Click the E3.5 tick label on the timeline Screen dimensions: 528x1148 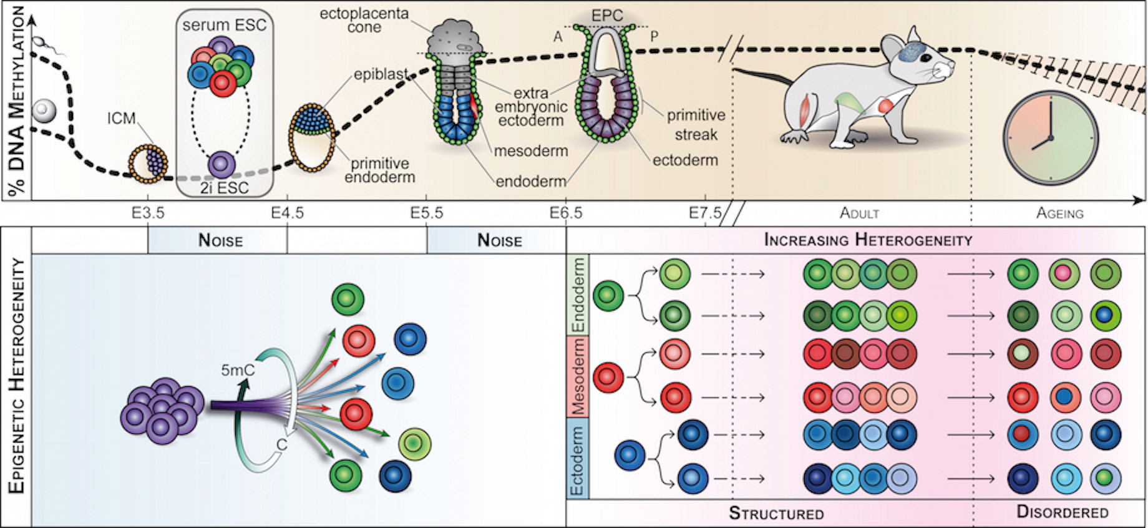[148, 213]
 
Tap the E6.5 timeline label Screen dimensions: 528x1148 [566, 213]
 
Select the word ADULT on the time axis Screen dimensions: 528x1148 [859, 213]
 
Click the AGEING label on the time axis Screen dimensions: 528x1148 [1059, 213]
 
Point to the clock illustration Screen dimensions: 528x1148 [1051, 138]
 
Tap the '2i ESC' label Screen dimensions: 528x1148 [225, 188]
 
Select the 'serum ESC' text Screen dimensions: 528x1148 [225, 26]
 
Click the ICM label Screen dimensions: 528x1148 [121, 118]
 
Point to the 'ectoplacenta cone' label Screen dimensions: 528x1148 [364, 21]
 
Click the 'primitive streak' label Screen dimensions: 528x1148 [696, 125]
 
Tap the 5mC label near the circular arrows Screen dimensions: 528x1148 [238, 371]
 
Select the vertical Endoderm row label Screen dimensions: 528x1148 [578, 295]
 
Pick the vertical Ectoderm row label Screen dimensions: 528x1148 [578, 460]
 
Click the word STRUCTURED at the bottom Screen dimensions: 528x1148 [776, 514]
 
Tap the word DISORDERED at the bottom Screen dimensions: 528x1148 [1063, 512]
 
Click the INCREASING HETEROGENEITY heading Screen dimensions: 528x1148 [868, 240]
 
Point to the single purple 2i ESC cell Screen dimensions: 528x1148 [221, 165]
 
